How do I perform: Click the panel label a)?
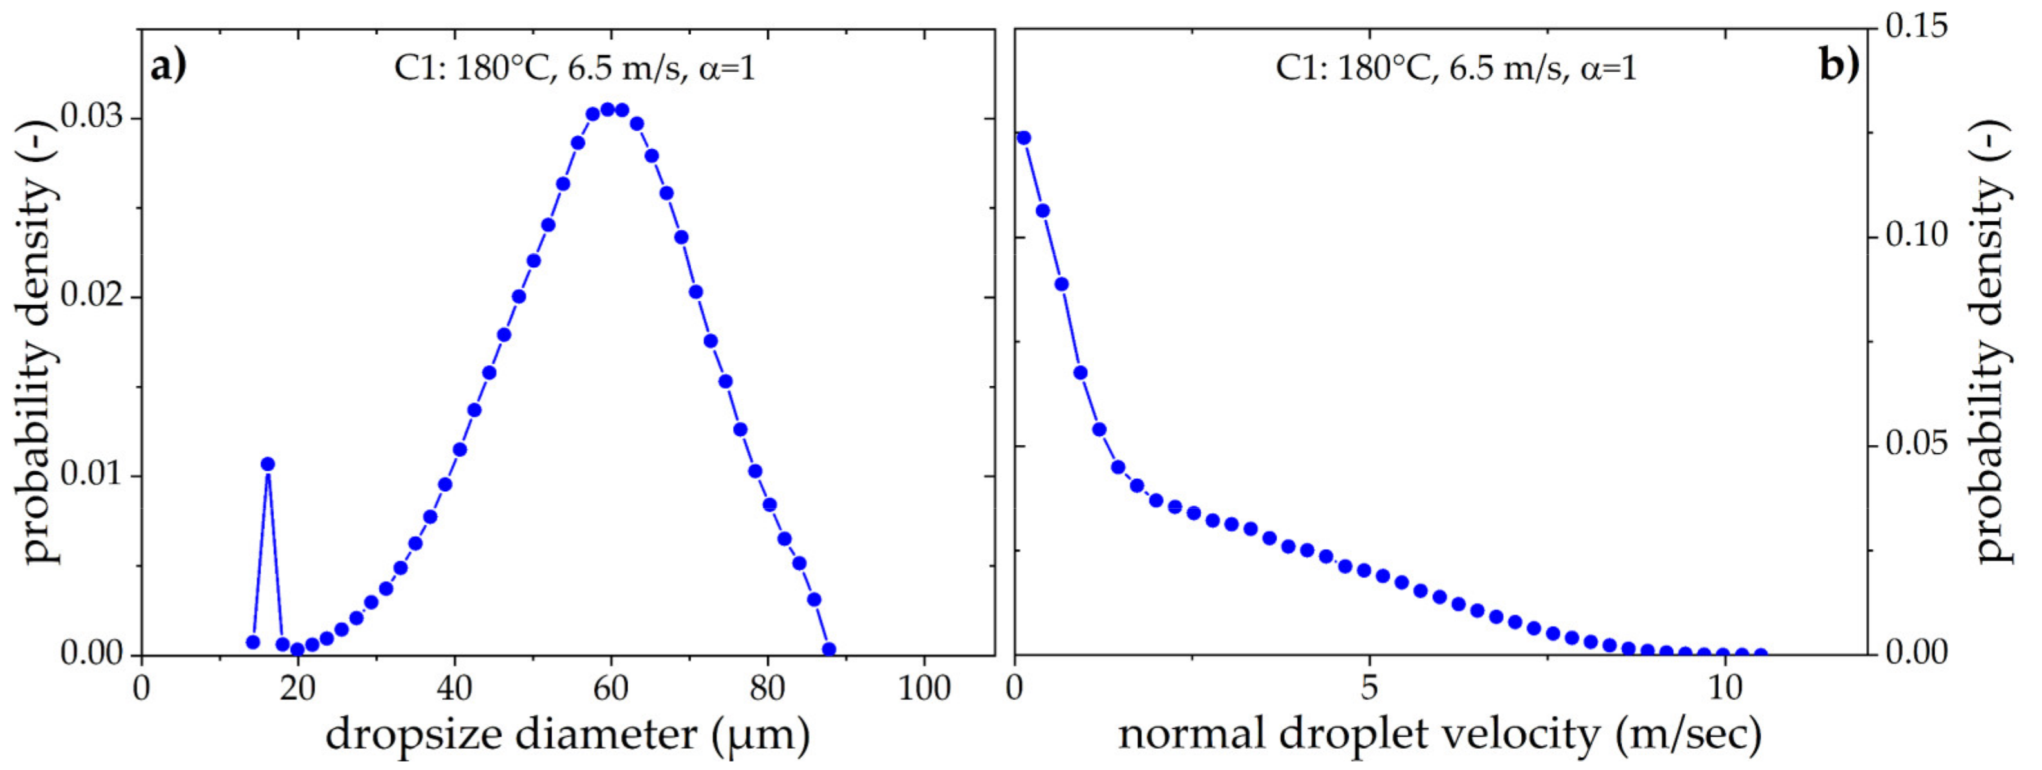tap(168, 66)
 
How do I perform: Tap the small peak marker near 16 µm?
tap(268, 464)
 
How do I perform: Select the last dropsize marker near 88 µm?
tap(829, 650)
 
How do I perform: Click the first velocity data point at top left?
tap(1024, 138)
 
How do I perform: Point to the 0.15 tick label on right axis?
tap(1916, 28)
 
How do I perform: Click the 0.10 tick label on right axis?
tap(1916, 236)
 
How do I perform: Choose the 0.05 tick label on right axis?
tap(1916, 445)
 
